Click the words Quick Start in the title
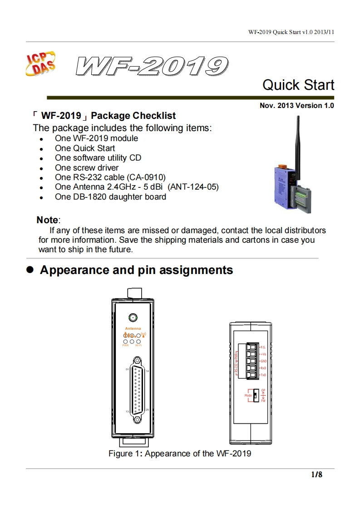298,85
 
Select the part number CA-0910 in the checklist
145,177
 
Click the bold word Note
47,220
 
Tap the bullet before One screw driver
41,169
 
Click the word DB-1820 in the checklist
88,197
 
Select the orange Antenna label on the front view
133,328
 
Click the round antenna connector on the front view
133,318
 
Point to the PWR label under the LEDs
126,346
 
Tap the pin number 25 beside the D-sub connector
148,410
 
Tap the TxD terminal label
263,375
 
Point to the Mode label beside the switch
248,396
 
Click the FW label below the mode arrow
263,401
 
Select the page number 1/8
316,475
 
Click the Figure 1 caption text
179,454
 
